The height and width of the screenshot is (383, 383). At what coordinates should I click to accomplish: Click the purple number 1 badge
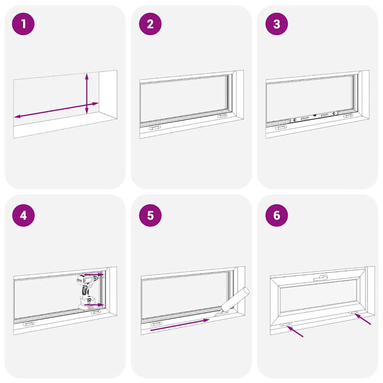[x=24, y=25]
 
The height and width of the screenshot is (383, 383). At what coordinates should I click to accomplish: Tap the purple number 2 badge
[x=150, y=25]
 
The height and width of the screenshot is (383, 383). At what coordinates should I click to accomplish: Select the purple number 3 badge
[x=276, y=25]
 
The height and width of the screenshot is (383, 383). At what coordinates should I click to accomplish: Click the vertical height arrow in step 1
[x=87, y=94]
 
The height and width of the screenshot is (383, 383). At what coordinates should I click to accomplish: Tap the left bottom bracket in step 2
[x=154, y=126]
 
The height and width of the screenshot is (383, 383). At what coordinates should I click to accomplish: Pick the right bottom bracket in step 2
[x=223, y=116]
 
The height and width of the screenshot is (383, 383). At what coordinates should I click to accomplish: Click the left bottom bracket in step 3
[x=281, y=127]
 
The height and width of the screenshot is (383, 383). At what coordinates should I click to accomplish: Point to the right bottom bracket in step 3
[x=348, y=116]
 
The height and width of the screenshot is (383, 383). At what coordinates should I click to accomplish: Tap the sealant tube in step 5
[x=236, y=301]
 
